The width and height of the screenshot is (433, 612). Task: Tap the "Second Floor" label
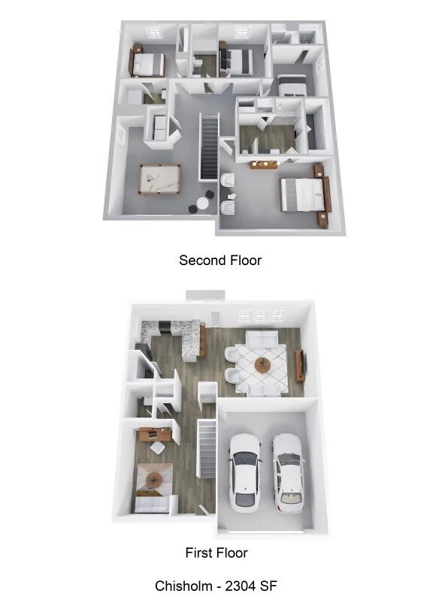(220, 261)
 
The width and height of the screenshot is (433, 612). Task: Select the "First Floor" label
(216, 553)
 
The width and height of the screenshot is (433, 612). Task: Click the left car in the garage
(246, 472)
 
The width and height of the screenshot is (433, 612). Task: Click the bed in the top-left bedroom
(149, 62)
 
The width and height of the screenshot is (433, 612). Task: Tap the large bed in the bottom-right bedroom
(301, 194)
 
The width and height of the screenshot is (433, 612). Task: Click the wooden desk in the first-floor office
(153, 433)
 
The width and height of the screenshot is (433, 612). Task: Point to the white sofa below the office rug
(152, 505)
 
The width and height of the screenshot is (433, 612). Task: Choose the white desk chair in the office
(159, 448)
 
